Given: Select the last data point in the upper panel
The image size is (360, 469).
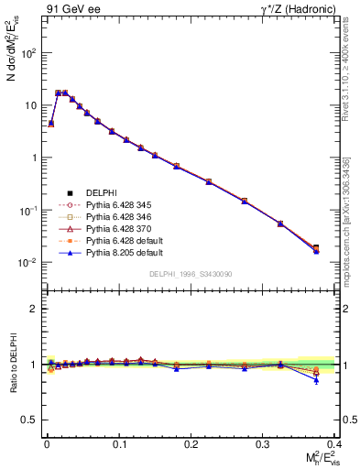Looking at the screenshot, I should click(342, 248).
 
